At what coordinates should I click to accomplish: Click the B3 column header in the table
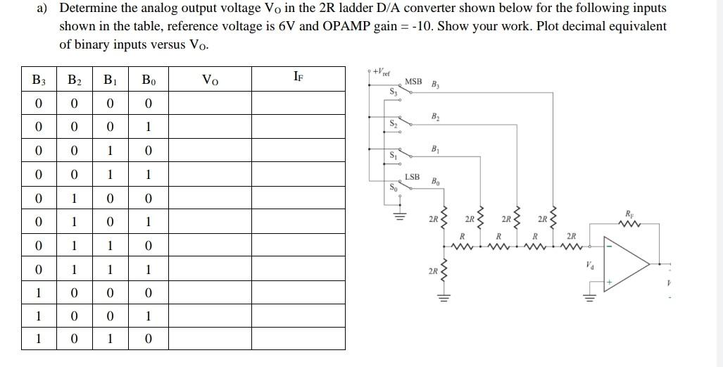39,80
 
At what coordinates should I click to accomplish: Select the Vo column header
210,80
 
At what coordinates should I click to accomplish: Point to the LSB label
412,176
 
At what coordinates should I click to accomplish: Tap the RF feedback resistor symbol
628,224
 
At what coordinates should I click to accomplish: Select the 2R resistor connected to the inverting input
571,246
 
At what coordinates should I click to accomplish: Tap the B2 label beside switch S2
436,116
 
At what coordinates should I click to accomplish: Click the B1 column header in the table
111,80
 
